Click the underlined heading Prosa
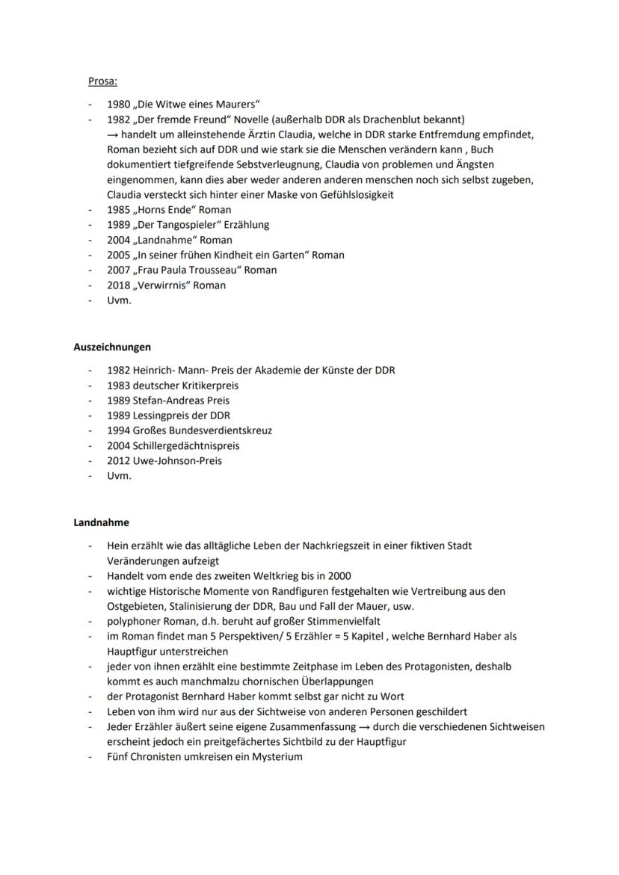point(102,81)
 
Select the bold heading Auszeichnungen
point(112,347)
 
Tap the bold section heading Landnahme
point(101,522)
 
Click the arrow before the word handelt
point(112,135)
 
